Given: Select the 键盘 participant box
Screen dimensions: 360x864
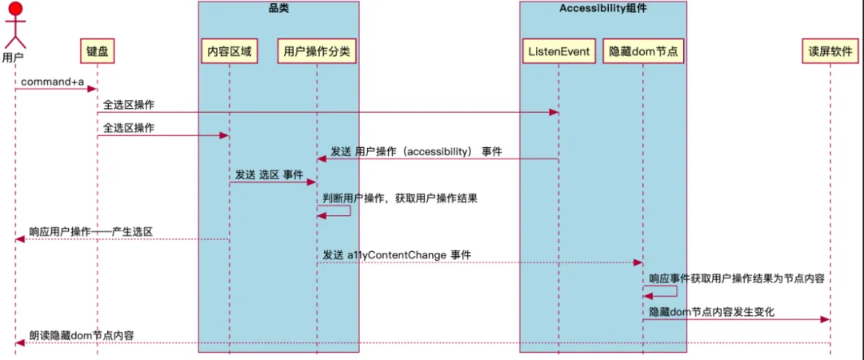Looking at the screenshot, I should tap(98, 52).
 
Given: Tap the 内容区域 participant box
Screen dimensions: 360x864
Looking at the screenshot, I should tap(229, 52).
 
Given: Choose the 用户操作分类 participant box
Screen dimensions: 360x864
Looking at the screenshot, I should tap(317, 52).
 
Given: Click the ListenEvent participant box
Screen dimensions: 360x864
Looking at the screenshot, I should tap(558, 52).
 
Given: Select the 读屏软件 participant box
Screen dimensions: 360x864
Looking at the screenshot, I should tap(830, 52).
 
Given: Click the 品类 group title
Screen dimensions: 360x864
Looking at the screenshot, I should tap(278, 9).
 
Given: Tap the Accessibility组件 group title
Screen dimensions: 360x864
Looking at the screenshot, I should tap(602, 9).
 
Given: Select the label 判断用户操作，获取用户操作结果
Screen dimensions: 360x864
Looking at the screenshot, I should tap(400, 198).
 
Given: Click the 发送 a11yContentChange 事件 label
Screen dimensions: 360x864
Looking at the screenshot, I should tap(397, 254).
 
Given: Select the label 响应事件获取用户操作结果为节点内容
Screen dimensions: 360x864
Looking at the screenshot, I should tap(737, 278).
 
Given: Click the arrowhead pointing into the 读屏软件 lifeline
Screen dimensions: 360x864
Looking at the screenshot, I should tap(825, 320).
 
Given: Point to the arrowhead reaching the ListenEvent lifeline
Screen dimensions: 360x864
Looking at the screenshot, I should tap(554, 113).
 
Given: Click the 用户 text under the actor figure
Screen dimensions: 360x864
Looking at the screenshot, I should tap(13, 58).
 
